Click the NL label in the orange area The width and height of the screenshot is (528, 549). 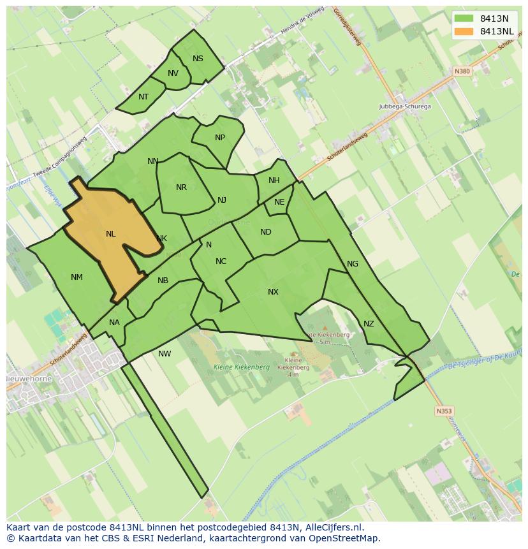110,234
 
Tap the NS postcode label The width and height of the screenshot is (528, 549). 198,59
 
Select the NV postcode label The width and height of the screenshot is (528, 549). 173,73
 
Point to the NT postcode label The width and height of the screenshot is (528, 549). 143,97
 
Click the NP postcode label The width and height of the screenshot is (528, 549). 220,138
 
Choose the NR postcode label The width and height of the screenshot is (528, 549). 181,187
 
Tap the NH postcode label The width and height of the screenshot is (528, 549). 274,180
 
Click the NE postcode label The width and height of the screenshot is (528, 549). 279,202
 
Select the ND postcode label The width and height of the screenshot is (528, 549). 266,232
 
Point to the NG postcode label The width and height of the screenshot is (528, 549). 353,264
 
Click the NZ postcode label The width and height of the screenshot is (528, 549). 369,324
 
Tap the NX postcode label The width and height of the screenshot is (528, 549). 273,292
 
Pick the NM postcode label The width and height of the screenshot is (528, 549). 77,277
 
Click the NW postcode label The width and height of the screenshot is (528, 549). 165,354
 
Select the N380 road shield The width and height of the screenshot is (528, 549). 462,71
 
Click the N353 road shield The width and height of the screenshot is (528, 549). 444,411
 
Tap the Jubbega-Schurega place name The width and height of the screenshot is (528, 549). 405,106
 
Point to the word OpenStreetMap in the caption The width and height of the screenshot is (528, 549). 344,538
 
